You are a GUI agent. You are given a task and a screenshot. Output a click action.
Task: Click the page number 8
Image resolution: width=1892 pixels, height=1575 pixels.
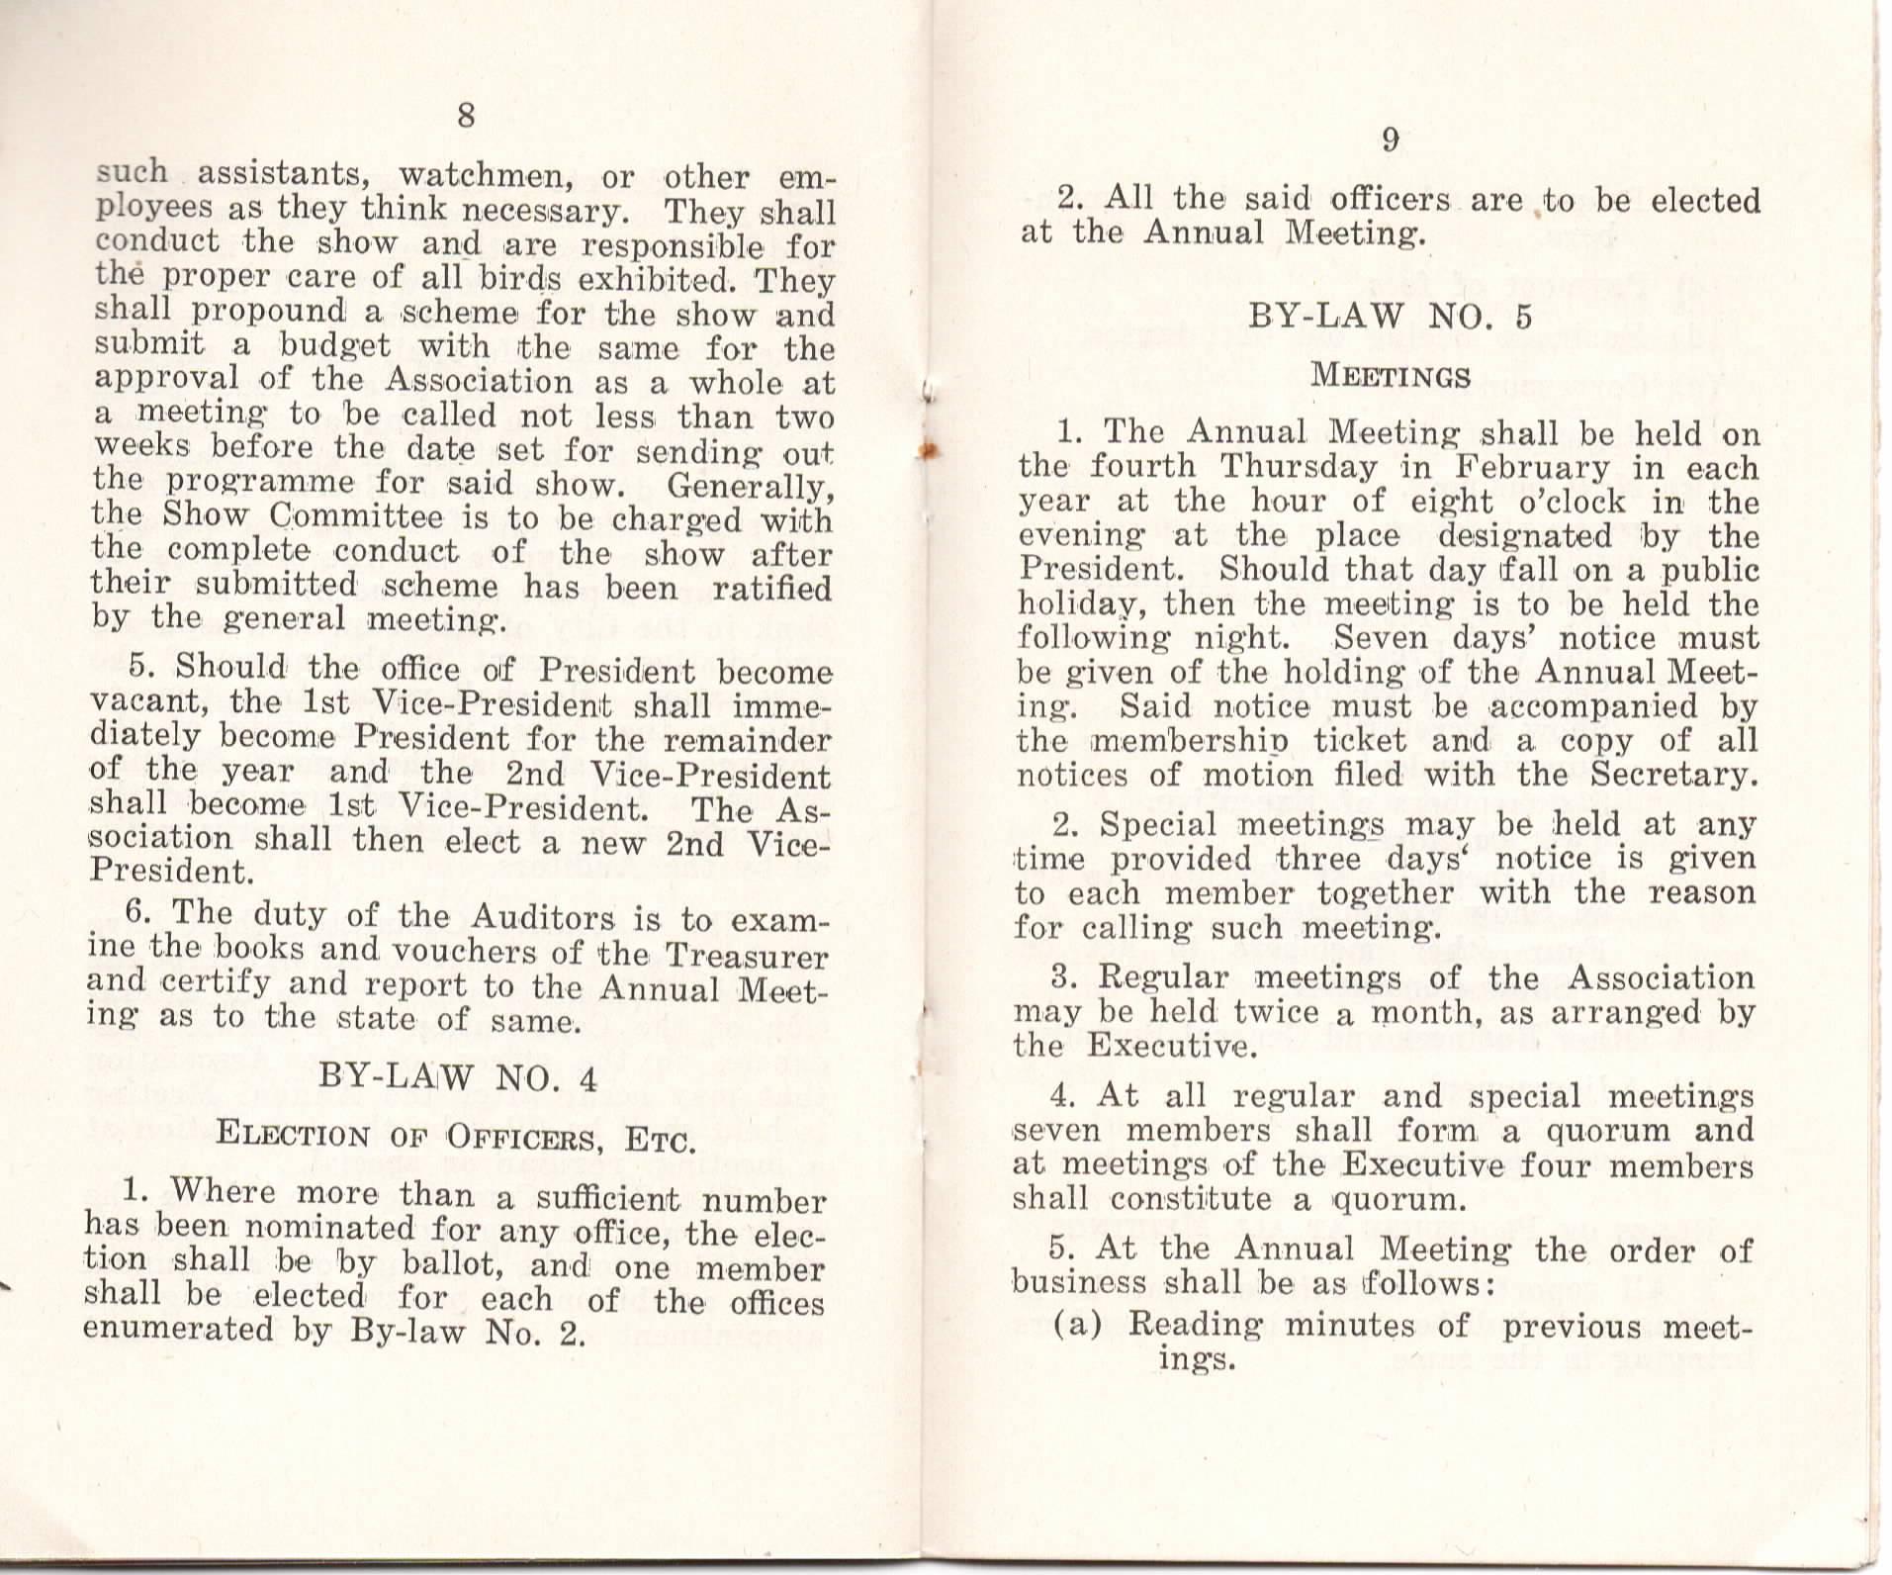tap(466, 117)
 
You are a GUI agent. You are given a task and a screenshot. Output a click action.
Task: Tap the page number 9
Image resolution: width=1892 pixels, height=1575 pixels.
tap(1390, 141)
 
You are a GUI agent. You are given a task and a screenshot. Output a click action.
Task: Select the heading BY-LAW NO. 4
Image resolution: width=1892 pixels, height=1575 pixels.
tap(458, 1077)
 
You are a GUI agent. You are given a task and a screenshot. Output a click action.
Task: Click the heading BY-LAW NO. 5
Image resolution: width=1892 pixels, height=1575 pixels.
tap(1390, 317)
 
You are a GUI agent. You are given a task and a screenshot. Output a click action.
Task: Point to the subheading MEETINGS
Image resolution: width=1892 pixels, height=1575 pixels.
tap(1390, 377)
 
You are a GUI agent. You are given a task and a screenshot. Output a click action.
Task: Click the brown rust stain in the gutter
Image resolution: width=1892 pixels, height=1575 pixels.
tap(927, 451)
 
